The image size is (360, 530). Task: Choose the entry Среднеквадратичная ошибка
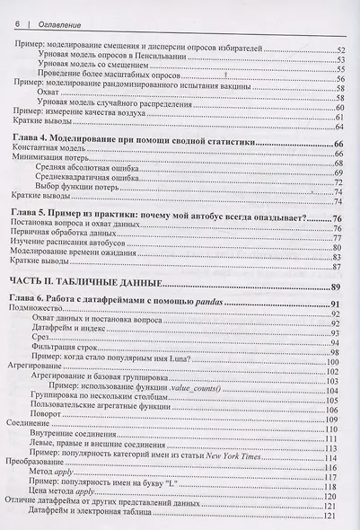coord(100,179)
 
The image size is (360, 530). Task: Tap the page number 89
coord(338,287)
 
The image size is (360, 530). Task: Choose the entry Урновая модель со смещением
coord(100,68)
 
